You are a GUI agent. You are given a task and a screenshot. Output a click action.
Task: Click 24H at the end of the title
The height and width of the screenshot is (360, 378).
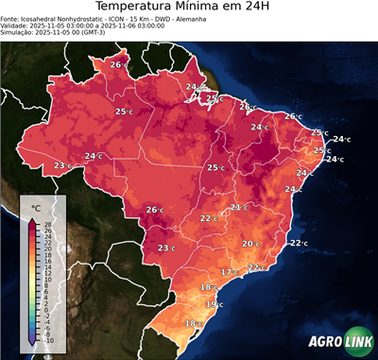coord(267,9)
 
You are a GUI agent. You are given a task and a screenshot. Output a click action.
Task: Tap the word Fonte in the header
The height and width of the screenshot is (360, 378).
coord(11,22)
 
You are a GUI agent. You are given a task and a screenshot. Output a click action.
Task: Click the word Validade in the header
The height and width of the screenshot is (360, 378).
coord(16,29)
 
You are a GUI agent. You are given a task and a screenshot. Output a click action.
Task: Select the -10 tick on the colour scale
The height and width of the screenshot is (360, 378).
coord(48,340)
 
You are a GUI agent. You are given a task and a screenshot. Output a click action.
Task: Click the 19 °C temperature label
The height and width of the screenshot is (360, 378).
coord(214,304)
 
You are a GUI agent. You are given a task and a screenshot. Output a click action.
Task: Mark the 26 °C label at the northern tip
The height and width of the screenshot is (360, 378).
coord(117,64)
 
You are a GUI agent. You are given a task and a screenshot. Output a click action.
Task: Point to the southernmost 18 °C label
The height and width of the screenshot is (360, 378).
coord(192,324)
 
